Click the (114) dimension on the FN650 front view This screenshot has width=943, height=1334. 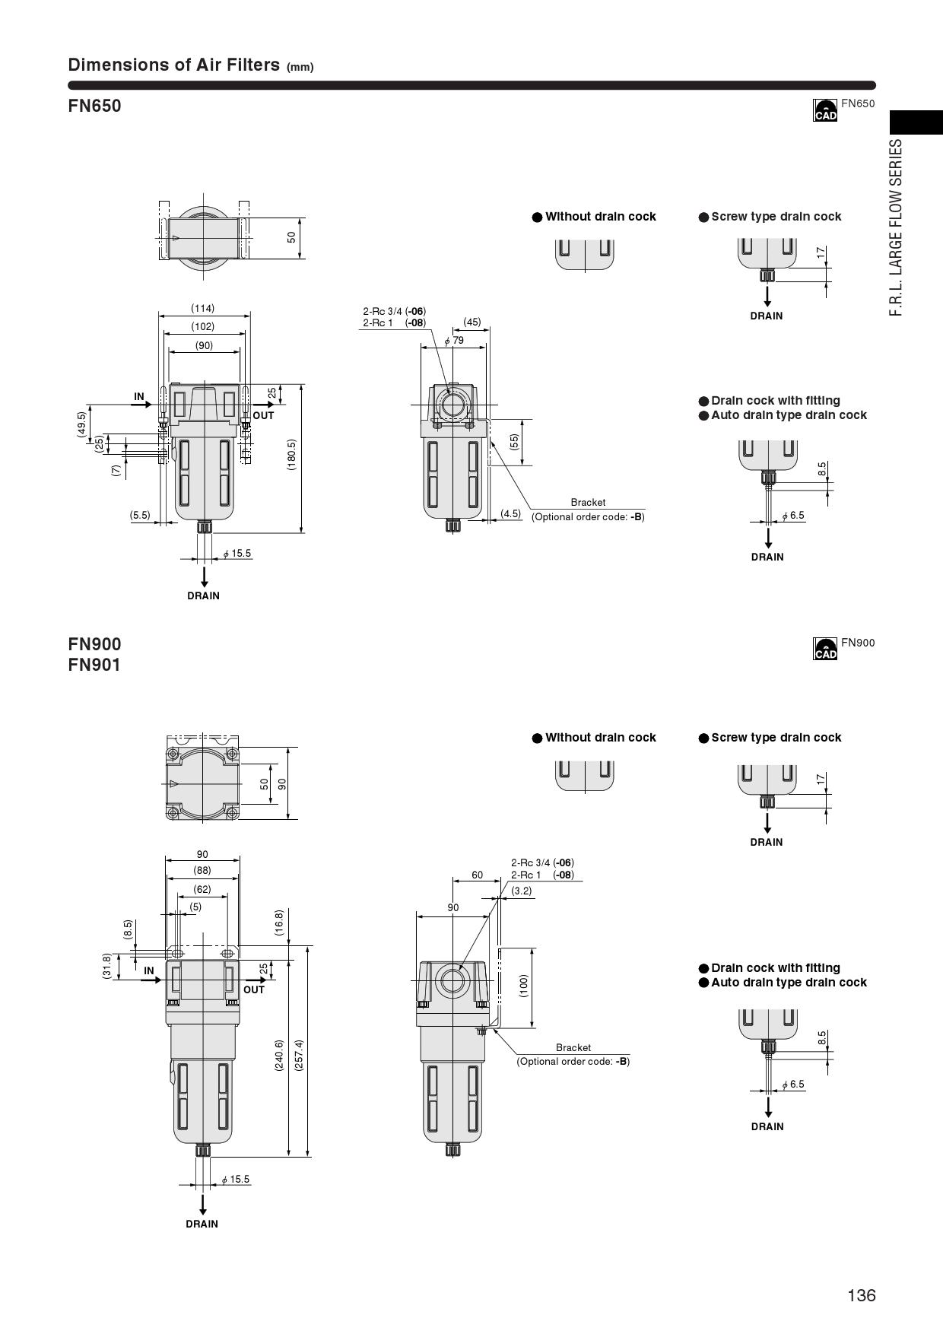(x=203, y=308)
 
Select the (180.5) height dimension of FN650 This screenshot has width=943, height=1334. (x=291, y=455)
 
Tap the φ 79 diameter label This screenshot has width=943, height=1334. (x=454, y=341)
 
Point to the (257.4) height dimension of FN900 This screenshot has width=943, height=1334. (x=299, y=1055)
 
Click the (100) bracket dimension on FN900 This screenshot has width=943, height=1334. (x=523, y=986)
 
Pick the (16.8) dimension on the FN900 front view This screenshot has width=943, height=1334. (x=279, y=923)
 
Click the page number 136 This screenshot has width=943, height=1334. (x=862, y=1295)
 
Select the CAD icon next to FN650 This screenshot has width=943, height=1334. (x=825, y=110)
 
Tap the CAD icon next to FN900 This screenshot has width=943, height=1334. (x=825, y=649)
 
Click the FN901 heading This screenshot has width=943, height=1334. (x=94, y=665)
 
